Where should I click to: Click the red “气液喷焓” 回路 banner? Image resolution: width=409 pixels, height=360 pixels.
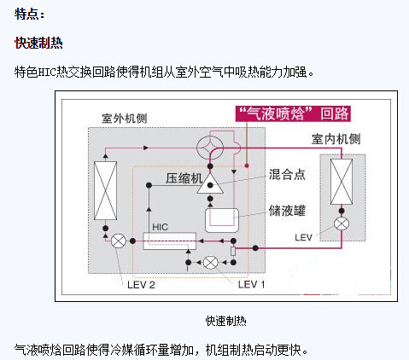tap(293, 113)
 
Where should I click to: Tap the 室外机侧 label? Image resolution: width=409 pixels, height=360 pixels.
tap(125, 119)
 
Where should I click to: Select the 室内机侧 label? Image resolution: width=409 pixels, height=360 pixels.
tap(336, 139)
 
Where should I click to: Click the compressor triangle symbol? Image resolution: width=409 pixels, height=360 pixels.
tap(210, 183)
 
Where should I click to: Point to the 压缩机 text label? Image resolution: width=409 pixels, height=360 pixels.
tap(184, 178)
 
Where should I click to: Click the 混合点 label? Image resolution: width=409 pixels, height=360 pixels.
tap(287, 174)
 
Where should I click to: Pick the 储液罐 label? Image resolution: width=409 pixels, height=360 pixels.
tap(287, 211)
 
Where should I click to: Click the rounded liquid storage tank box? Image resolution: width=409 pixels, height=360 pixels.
tap(222, 220)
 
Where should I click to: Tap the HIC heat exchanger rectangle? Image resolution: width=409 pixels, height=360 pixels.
tap(169, 241)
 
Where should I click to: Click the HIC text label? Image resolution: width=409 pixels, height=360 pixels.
tap(160, 227)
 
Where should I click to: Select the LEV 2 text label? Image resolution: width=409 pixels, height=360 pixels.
tap(141, 285)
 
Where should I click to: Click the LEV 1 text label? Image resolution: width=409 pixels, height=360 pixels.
tap(251, 284)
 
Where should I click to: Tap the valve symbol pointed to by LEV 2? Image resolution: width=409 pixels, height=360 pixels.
tap(118, 241)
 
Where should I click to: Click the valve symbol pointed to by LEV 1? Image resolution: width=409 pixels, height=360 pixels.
tap(211, 263)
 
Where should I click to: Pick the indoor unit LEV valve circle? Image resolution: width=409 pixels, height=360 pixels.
tap(342, 224)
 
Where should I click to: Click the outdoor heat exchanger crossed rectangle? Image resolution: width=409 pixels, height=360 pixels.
tap(105, 190)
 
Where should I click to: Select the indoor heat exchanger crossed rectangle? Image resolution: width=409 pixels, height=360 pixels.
tap(342, 182)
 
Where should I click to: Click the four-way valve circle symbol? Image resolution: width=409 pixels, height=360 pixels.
tap(210, 148)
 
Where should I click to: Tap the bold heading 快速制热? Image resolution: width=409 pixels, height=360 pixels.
tap(38, 44)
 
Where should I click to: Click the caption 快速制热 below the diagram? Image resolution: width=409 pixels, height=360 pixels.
tap(226, 321)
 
